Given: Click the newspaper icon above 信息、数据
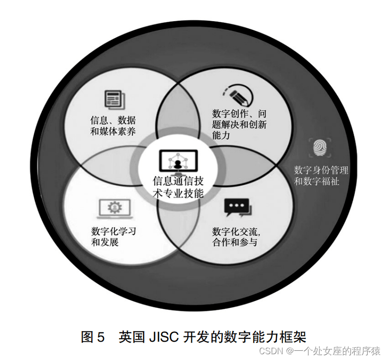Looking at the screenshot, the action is point(114,99).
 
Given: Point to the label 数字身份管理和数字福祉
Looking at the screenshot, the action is point(321,176).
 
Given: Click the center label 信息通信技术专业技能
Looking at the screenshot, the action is point(178,188).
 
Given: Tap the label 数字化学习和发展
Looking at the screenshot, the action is point(114,236).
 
